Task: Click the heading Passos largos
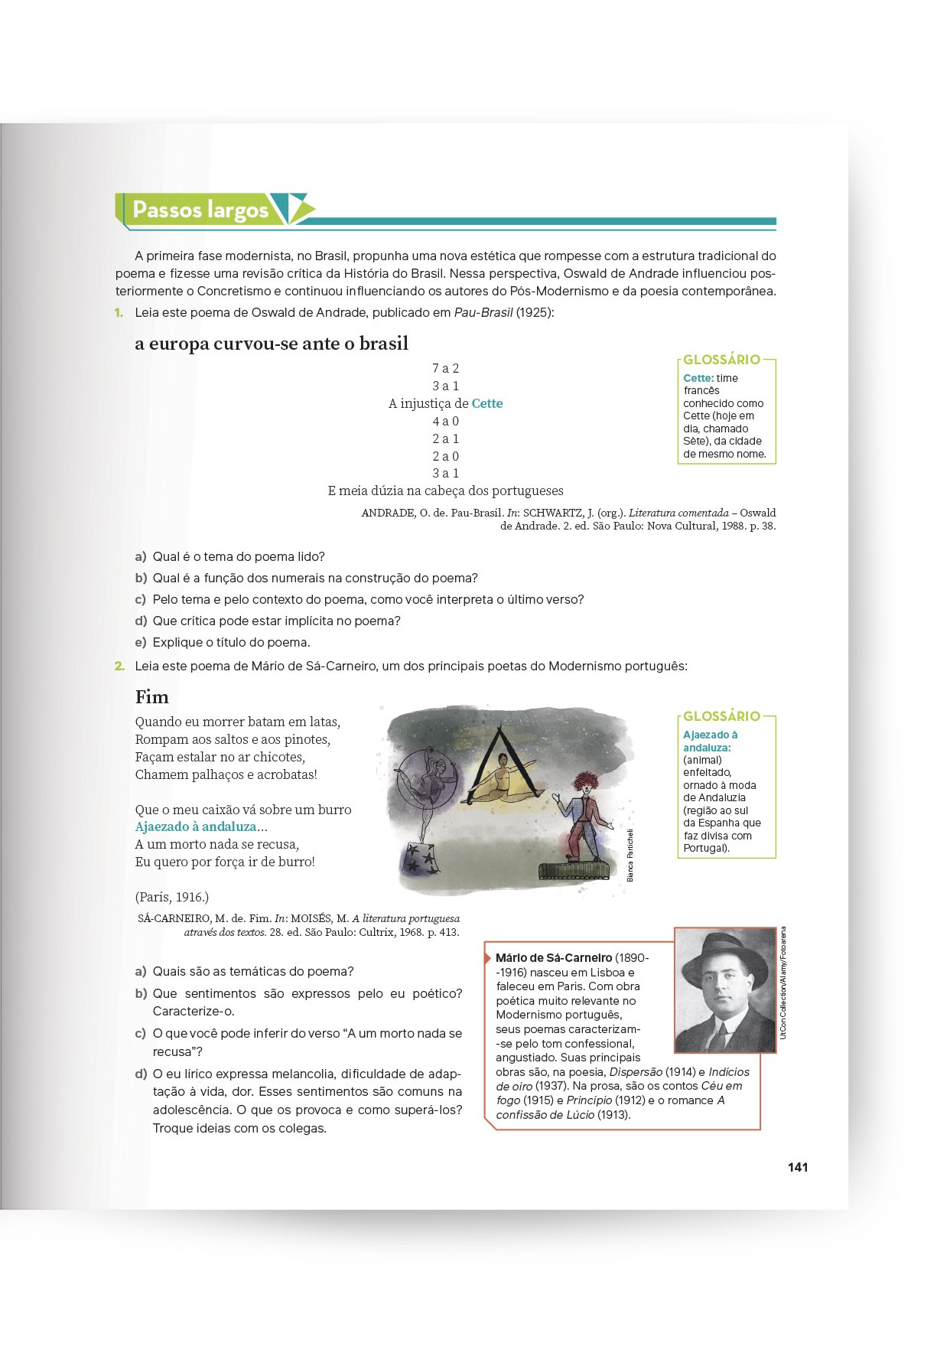(x=200, y=210)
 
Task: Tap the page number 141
(x=797, y=1167)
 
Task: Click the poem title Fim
(x=151, y=697)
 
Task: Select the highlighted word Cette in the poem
(x=487, y=403)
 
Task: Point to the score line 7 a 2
(x=445, y=368)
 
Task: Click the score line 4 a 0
(x=445, y=421)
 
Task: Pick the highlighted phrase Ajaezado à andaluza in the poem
(x=196, y=826)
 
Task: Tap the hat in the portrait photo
(x=724, y=954)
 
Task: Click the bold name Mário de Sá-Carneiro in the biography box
(x=553, y=958)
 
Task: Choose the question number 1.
(x=119, y=312)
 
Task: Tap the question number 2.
(x=119, y=666)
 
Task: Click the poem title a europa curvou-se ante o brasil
(x=272, y=344)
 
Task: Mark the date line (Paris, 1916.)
(x=171, y=897)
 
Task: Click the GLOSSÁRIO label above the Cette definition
(x=721, y=360)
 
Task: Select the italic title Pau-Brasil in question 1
(x=483, y=312)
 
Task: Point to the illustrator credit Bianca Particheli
(x=630, y=855)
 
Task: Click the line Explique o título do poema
(x=231, y=642)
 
